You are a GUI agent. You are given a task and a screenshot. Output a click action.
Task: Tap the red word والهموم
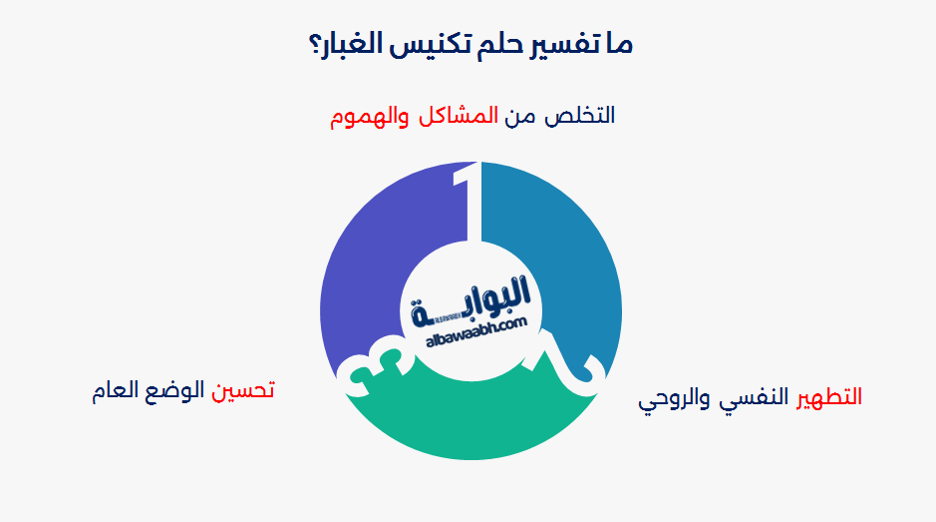click(368, 116)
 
